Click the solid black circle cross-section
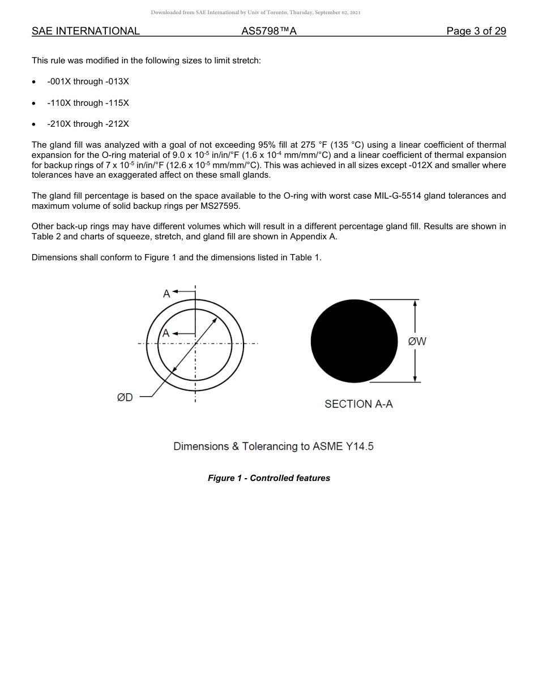355,341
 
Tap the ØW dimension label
417,341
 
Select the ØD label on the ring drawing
125,397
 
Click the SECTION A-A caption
358,404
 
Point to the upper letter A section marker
166,293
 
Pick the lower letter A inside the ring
166,333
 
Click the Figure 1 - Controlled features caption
268,478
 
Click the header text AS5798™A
269,31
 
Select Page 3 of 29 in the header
476,31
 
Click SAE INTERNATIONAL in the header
86,31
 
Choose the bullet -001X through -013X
88,81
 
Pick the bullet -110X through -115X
88,103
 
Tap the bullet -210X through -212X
88,124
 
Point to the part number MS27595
220,205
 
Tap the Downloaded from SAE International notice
255,12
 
